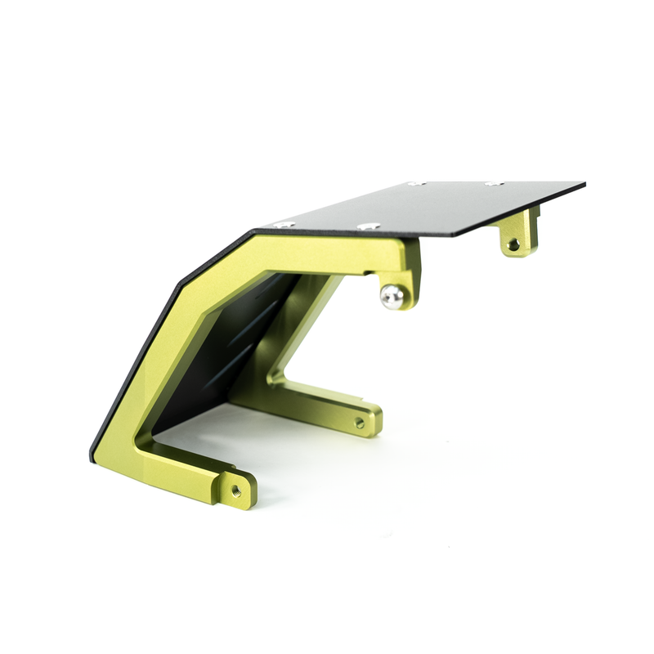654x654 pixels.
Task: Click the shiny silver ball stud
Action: (x=392, y=297)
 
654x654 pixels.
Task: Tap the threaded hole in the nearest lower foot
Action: (x=236, y=490)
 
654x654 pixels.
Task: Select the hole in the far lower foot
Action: (x=360, y=423)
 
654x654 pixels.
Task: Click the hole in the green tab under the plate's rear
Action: (x=513, y=244)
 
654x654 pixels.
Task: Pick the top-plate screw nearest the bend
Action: (x=284, y=224)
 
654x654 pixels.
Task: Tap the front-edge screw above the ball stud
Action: (x=365, y=225)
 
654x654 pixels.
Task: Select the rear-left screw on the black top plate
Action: (x=414, y=183)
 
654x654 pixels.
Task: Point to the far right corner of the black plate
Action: (x=584, y=183)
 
